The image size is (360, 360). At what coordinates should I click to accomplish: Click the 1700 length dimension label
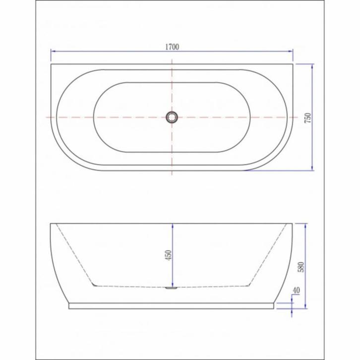(x=172, y=47)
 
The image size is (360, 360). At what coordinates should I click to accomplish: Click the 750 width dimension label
(x=307, y=118)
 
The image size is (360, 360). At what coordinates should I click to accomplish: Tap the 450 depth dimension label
(x=168, y=255)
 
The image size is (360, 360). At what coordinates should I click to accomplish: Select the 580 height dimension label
(x=301, y=267)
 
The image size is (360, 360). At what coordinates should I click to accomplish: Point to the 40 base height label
(x=296, y=291)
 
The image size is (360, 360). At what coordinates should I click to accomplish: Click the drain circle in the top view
(x=172, y=118)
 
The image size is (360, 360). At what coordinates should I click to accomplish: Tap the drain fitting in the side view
(x=172, y=288)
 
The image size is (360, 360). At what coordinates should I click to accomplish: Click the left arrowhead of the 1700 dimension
(x=53, y=51)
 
